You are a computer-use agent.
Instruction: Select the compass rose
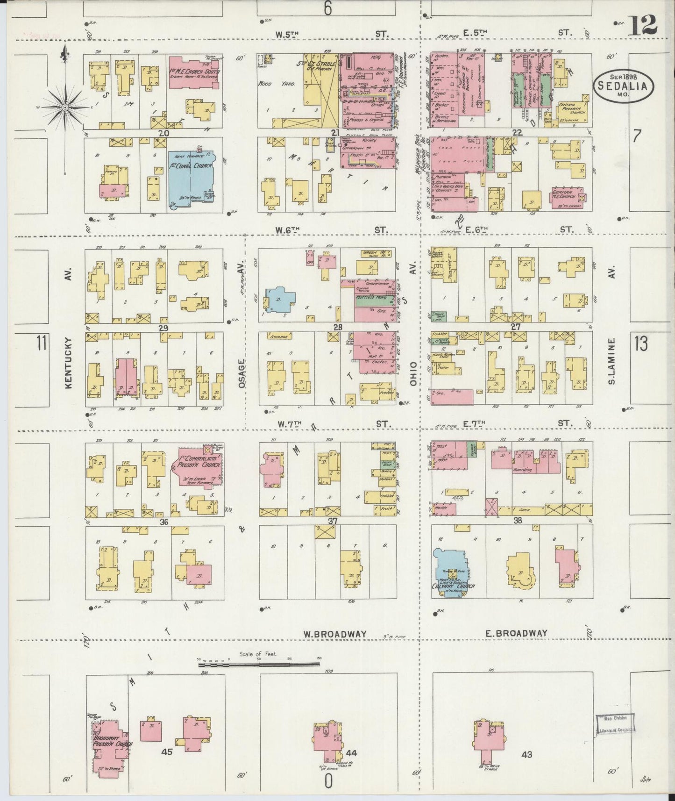65,107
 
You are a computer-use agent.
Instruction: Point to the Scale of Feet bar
259,663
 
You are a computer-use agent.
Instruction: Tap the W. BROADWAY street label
334,634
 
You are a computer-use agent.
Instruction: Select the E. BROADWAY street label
516,633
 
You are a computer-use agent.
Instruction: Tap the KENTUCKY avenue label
69,362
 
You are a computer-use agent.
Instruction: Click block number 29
163,329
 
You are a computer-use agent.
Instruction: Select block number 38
518,520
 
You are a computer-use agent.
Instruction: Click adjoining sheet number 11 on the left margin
41,343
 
